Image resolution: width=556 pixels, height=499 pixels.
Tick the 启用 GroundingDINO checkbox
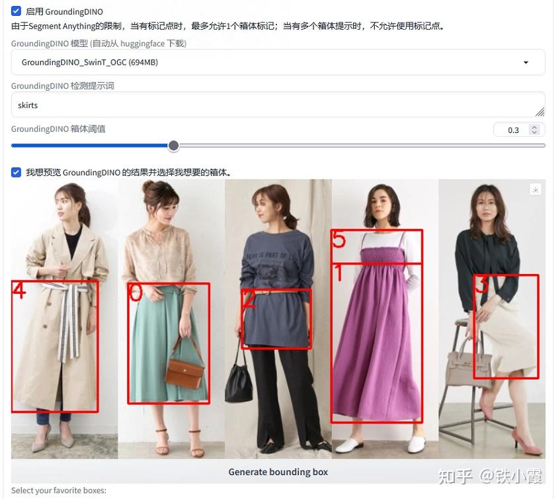pyautogui.click(x=16, y=11)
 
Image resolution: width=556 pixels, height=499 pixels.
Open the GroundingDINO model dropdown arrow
pyautogui.click(x=526, y=62)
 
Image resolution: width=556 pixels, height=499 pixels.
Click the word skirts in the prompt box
pyautogui.click(x=28, y=105)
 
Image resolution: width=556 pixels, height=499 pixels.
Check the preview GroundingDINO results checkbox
pyautogui.click(x=16, y=173)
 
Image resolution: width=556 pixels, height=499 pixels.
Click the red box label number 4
pyautogui.click(x=19, y=291)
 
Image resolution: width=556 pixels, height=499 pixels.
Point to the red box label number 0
pyautogui.click(x=135, y=292)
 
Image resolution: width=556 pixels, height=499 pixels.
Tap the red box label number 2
pyautogui.click(x=249, y=300)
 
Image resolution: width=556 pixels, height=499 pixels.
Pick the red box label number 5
pyautogui.click(x=338, y=239)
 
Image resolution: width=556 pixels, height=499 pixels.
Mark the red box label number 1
pyautogui.click(x=339, y=273)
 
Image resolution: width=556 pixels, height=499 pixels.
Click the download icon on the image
pyautogui.click(x=536, y=189)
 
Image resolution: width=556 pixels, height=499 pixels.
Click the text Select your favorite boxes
pyautogui.click(x=59, y=490)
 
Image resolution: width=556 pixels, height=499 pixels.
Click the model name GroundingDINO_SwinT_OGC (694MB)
pyautogui.click(x=90, y=62)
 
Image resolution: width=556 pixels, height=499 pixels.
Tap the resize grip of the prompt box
pyautogui.click(x=540, y=112)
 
